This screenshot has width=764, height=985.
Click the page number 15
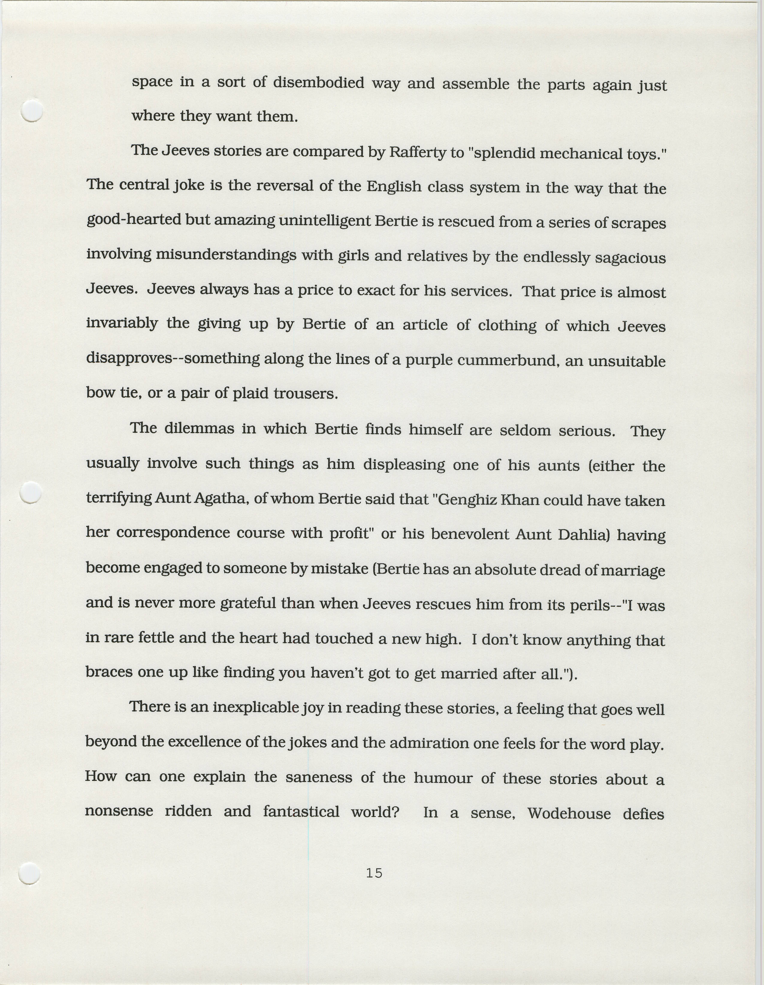(374, 874)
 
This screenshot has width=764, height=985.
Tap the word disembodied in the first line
(318, 83)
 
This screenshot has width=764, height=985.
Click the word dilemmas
(199, 428)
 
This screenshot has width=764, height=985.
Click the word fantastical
(301, 812)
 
